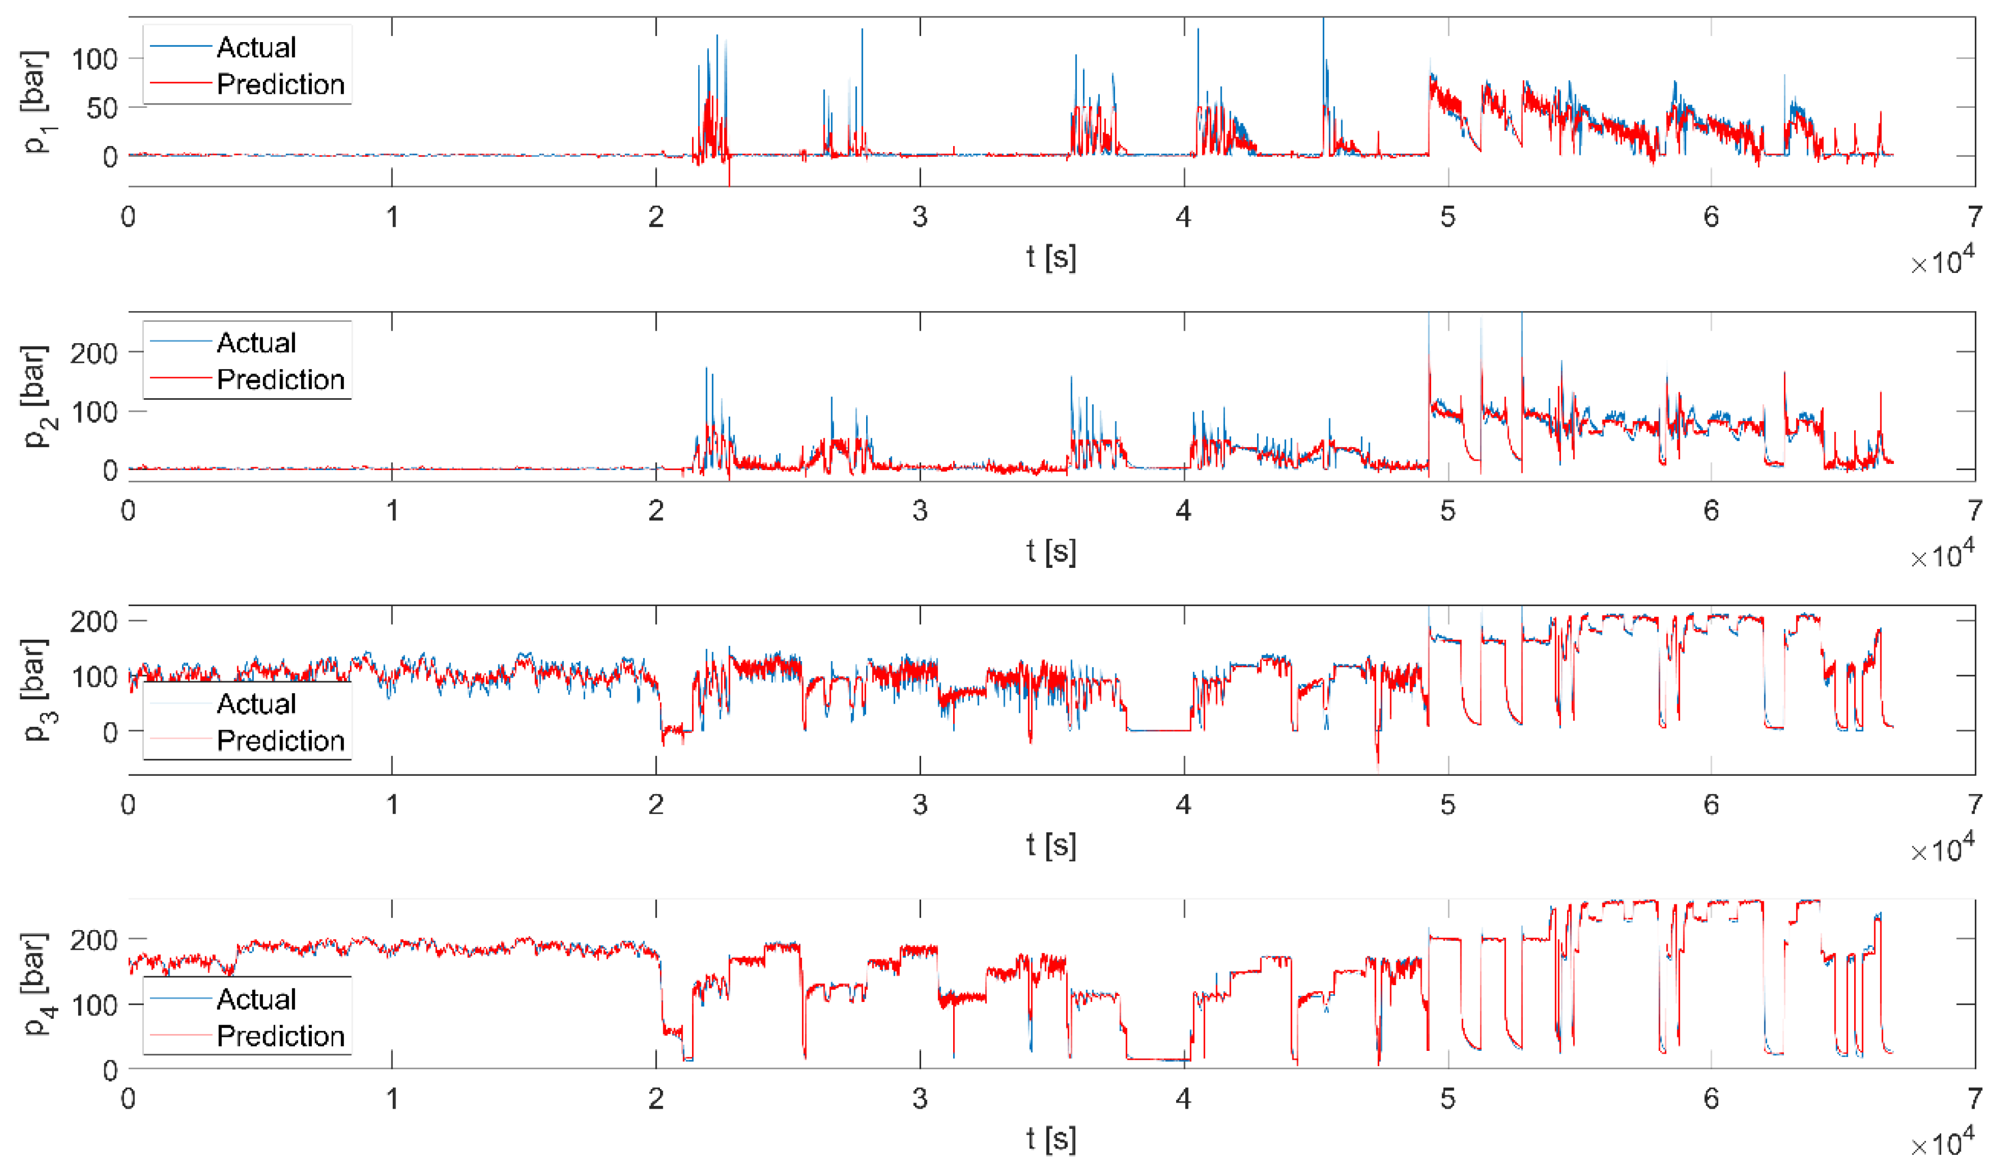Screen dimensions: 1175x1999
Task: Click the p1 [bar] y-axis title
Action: pyautogui.click(x=36, y=102)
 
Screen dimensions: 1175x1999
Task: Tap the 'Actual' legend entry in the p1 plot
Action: pyautogui.click(x=256, y=48)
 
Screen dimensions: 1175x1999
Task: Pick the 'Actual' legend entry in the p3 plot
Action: pyautogui.click(x=256, y=704)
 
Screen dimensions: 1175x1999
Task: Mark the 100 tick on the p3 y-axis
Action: pyautogui.click(x=94, y=677)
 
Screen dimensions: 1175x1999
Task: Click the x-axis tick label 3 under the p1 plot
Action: pyautogui.click(x=919, y=217)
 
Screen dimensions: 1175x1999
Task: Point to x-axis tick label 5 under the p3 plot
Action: pyautogui.click(x=1447, y=804)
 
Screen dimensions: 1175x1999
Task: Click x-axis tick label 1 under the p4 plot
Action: pyautogui.click(x=392, y=1098)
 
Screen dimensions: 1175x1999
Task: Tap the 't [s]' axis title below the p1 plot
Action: pyautogui.click(x=1051, y=257)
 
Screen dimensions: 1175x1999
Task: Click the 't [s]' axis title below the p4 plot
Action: pyautogui.click(x=1051, y=1138)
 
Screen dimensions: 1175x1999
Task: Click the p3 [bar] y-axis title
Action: pyautogui.click(x=36, y=690)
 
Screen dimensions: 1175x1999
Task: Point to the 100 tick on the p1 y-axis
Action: pyautogui.click(x=94, y=59)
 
